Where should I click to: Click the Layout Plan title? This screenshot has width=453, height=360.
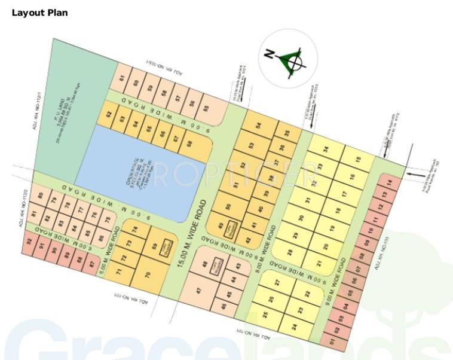(x=39, y=13)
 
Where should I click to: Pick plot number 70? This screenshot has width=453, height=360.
(x=147, y=274)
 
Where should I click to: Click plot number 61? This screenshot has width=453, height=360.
(x=123, y=78)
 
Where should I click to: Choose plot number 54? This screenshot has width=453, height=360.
(x=258, y=126)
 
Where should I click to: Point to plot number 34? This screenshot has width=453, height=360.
(x=326, y=149)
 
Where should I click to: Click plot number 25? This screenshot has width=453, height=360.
(x=265, y=314)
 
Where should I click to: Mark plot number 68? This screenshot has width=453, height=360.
(x=189, y=144)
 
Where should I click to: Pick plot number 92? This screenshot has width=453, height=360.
(x=28, y=242)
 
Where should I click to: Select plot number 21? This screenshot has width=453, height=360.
(x=319, y=263)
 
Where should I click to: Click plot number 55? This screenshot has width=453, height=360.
(x=206, y=109)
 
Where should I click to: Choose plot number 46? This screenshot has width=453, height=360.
(x=224, y=307)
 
